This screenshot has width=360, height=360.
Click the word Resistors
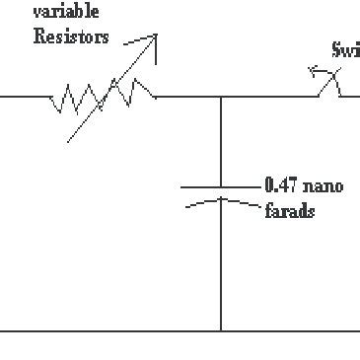70,40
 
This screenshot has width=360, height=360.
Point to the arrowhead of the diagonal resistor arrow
153,37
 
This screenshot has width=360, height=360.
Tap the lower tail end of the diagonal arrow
69,142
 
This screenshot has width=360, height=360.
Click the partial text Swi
347,52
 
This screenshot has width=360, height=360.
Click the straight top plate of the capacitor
221,185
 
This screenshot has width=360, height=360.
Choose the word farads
289,211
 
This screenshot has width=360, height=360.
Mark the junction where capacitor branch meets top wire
221,97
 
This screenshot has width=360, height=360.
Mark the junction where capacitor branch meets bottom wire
221,330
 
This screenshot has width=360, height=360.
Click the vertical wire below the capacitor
221,266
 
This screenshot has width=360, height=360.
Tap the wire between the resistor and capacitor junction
187,97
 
